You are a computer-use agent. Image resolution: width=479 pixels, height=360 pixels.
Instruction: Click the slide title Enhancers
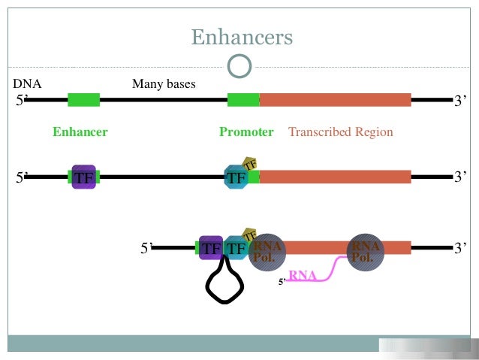241,37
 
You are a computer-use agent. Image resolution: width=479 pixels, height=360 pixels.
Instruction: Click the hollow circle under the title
239,66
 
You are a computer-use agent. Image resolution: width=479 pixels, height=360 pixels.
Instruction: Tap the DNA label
27,84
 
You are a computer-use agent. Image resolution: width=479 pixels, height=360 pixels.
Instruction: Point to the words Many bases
164,84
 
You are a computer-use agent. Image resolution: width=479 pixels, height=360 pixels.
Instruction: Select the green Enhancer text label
80,132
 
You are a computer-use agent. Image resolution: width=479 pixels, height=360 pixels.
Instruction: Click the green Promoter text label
246,132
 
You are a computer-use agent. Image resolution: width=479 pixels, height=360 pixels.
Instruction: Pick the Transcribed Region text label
340,132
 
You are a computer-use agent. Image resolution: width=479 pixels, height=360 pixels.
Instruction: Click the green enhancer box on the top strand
83,99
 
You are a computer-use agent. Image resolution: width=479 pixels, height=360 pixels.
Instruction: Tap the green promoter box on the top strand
243,99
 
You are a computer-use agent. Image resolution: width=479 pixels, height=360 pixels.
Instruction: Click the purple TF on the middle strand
83,177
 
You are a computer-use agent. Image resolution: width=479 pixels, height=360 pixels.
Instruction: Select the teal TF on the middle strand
236,178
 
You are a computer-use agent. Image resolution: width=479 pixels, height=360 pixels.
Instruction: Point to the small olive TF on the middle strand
250,165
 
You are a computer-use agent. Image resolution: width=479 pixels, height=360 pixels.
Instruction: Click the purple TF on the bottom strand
211,247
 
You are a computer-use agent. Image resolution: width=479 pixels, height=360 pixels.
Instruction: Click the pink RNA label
302,276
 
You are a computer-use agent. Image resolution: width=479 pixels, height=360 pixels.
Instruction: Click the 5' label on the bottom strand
148,248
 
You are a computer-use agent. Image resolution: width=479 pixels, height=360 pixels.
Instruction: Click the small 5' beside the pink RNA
282,282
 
